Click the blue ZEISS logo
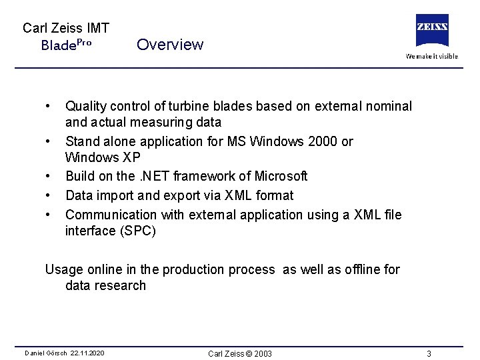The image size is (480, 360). click(431, 30)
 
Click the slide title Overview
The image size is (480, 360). click(170, 45)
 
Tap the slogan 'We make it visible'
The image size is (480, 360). click(432, 56)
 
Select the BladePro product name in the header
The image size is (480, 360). click(66, 45)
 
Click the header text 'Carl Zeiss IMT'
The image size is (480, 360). click(66, 28)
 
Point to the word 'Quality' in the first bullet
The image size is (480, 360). click(85, 107)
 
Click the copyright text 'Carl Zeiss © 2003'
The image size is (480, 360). click(240, 353)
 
